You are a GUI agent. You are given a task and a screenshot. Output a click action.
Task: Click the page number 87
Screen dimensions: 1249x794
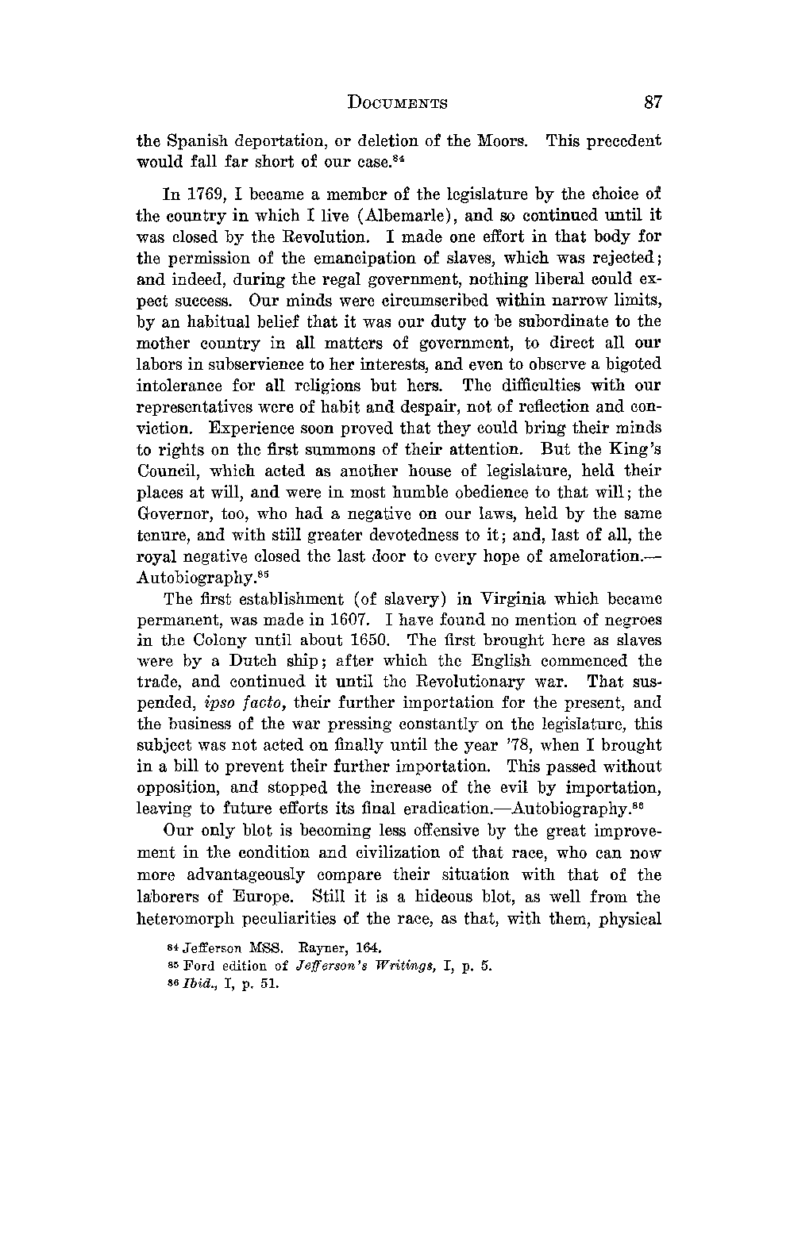tap(653, 102)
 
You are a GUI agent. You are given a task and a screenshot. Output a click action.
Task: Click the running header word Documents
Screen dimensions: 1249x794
tap(398, 103)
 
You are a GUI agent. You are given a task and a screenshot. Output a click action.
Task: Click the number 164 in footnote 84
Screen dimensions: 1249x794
tap(369, 947)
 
